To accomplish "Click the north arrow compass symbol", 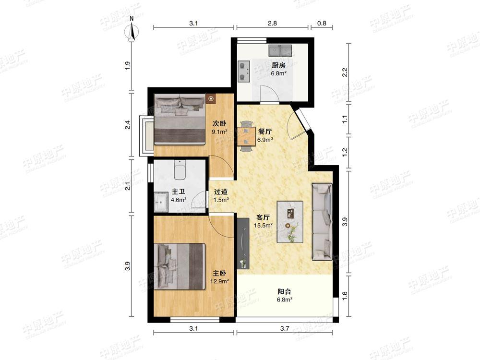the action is (x=132, y=30).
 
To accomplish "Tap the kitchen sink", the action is (x=280, y=50).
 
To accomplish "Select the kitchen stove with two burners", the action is (x=244, y=71).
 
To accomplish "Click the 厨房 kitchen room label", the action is (x=278, y=65).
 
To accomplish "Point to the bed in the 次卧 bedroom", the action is (x=180, y=119).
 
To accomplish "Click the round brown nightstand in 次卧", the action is (x=211, y=99).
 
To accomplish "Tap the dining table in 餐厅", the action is (x=246, y=136).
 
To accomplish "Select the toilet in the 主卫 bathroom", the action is (x=180, y=170).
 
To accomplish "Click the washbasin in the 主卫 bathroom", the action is (x=160, y=202).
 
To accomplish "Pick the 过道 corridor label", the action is (x=221, y=192).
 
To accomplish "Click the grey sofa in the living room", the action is (x=322, y=222).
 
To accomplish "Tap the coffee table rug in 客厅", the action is (x=290, y=222).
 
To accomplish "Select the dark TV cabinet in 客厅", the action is (x=243, y=243).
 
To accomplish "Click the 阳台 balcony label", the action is (x=284, y=292).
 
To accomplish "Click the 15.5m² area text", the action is (x=263, y=225).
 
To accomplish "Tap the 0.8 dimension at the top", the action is (x=322, y=23).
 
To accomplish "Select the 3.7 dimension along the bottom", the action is (x=285, y=328).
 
